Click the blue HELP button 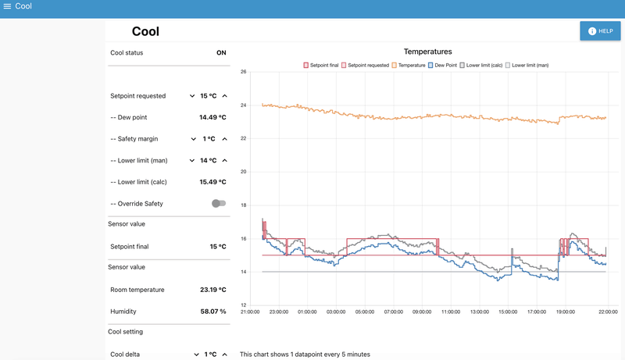600,31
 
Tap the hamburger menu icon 7,6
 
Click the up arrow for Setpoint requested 225,96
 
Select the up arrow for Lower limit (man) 225,161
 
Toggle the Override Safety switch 219,204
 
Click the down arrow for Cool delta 196,355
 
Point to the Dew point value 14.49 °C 212,117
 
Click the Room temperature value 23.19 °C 212,290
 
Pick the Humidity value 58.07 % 213,312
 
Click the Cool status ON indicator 221,52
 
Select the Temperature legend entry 409,66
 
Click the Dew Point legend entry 442,66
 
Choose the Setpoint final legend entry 321,66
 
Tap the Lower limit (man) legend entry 527,66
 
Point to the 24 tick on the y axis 243,105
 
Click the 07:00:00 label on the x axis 394,312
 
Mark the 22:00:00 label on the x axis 608,312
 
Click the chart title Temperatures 427,52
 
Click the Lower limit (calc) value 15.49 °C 212,182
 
